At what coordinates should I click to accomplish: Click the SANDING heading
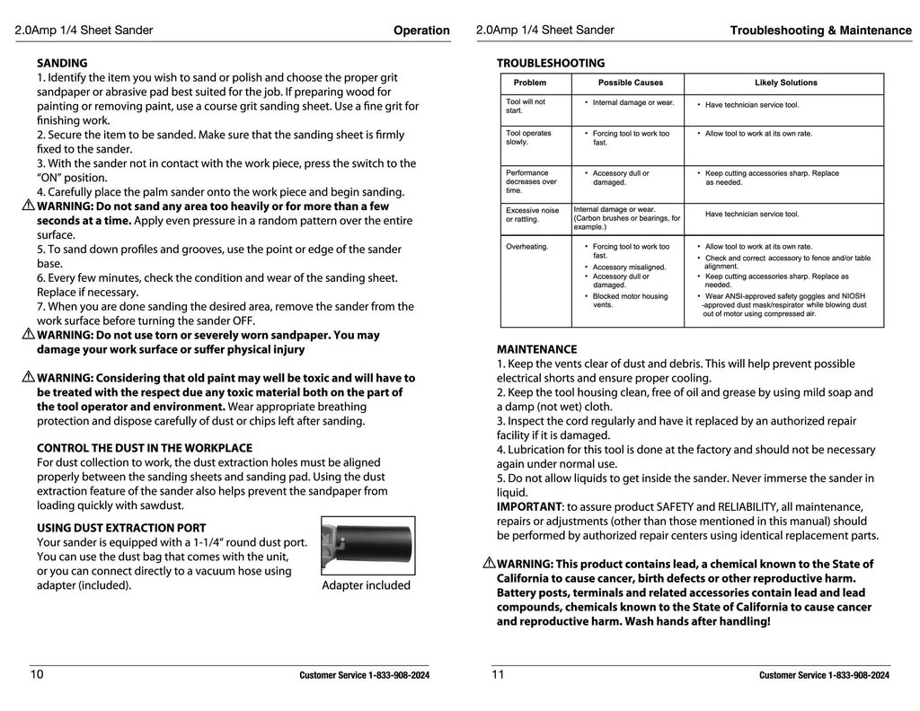62,64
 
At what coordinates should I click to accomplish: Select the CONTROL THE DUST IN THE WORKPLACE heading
144,448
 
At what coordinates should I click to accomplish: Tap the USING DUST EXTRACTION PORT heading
121,529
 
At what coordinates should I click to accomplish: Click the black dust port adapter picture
368,545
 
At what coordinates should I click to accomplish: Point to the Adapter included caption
366,586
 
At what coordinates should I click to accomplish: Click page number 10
37,674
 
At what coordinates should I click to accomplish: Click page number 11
498,674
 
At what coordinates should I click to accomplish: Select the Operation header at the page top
421,31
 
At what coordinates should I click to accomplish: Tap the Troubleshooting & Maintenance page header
820,31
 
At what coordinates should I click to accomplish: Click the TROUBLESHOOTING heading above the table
551,64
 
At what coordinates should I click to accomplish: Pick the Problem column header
529,83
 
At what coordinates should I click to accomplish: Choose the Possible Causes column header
631,83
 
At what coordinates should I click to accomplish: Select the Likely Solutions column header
785,83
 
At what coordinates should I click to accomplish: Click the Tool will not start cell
526,106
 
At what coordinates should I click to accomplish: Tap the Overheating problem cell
526,247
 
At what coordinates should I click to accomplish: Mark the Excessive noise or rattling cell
532,215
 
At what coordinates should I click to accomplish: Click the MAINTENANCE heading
536,350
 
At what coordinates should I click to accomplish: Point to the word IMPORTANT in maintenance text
529,507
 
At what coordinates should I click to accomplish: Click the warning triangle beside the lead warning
489,564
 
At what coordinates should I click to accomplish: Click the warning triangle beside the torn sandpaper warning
28,334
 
